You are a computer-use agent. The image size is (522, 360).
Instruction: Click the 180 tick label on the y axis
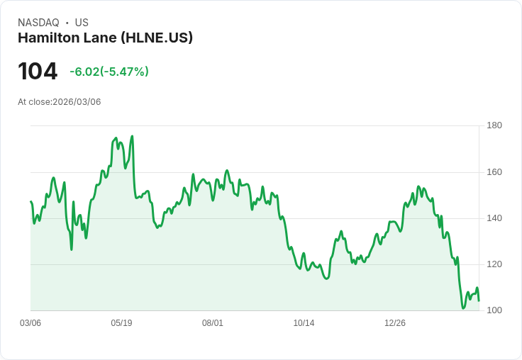[x=494, y=125]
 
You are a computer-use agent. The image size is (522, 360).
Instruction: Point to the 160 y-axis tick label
[x=494, y=172]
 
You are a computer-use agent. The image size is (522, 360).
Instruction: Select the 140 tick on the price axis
[x=494, y=218]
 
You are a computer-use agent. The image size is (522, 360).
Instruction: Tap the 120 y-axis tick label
[x=494, y=264]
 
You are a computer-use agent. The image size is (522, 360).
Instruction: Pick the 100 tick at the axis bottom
[x=494, y=310]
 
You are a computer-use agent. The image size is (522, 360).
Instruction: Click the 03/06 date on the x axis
[x=30, y=323]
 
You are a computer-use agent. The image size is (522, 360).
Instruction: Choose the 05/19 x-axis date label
[x=121, y=323]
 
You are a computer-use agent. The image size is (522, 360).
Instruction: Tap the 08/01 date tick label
[x=213, y=323]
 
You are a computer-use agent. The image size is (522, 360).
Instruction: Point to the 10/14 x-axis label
[x=304, y=323]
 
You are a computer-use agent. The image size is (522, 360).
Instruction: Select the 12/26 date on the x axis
[x=395, y=323]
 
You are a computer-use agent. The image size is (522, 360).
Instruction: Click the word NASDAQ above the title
[x=38, y=23]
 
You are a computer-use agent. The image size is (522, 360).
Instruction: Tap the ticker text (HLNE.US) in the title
[x=157, y=38]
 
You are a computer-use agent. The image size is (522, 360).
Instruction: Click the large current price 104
[x=38, y=72]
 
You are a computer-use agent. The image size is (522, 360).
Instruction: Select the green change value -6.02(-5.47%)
[x=109, y=72]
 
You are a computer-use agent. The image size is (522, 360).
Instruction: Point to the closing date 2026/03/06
[x=77, y=102]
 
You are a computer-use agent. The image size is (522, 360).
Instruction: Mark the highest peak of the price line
[x=132, y=136]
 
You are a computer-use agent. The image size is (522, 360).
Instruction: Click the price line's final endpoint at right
[x=479, y=300]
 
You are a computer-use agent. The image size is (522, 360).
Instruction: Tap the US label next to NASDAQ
[x=82, y=23]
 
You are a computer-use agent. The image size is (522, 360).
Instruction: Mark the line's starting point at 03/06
[x=30, y=202]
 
